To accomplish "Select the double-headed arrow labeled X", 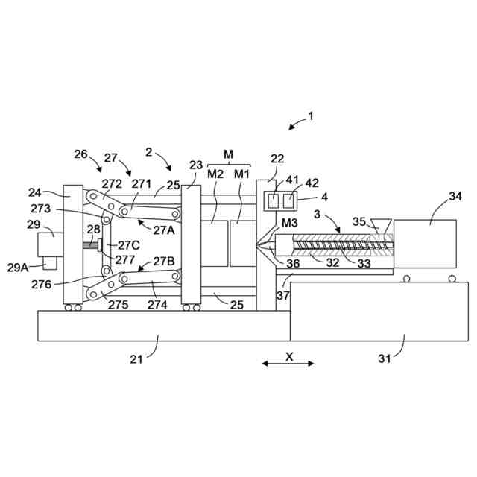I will (288, 364).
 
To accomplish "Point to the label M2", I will (215, 174).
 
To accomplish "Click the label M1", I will (241, 174).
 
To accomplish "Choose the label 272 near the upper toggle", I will (112, 183).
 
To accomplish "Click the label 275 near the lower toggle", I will (119, 303).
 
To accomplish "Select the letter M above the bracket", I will (229, 154).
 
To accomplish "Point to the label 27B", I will (165, 261).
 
